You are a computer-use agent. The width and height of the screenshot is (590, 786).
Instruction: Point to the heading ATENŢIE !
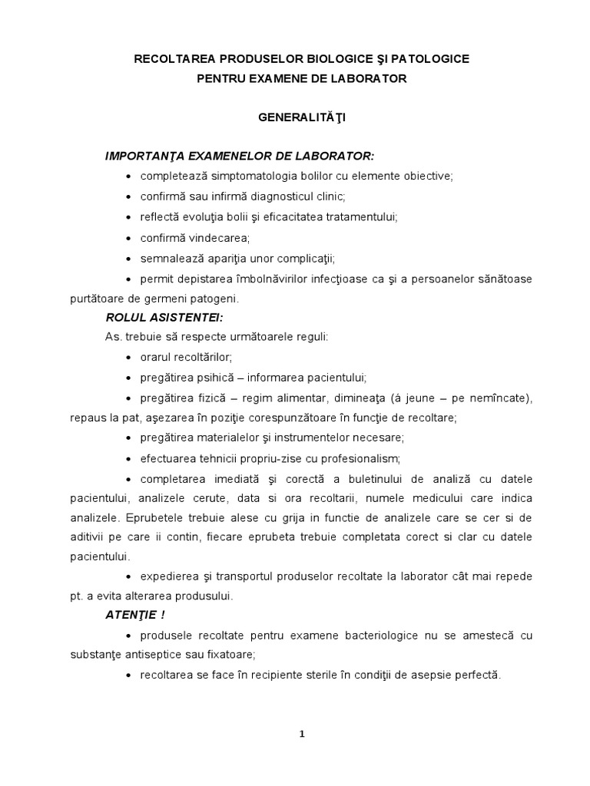click(x=135, y=616)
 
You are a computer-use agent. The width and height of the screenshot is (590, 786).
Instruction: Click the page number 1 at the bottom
click(x=303, y=733)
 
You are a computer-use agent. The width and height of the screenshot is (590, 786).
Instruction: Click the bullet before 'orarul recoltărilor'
click(x=127, y=358)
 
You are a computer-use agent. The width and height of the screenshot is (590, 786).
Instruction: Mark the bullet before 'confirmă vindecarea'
click(x=127, y=237)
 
